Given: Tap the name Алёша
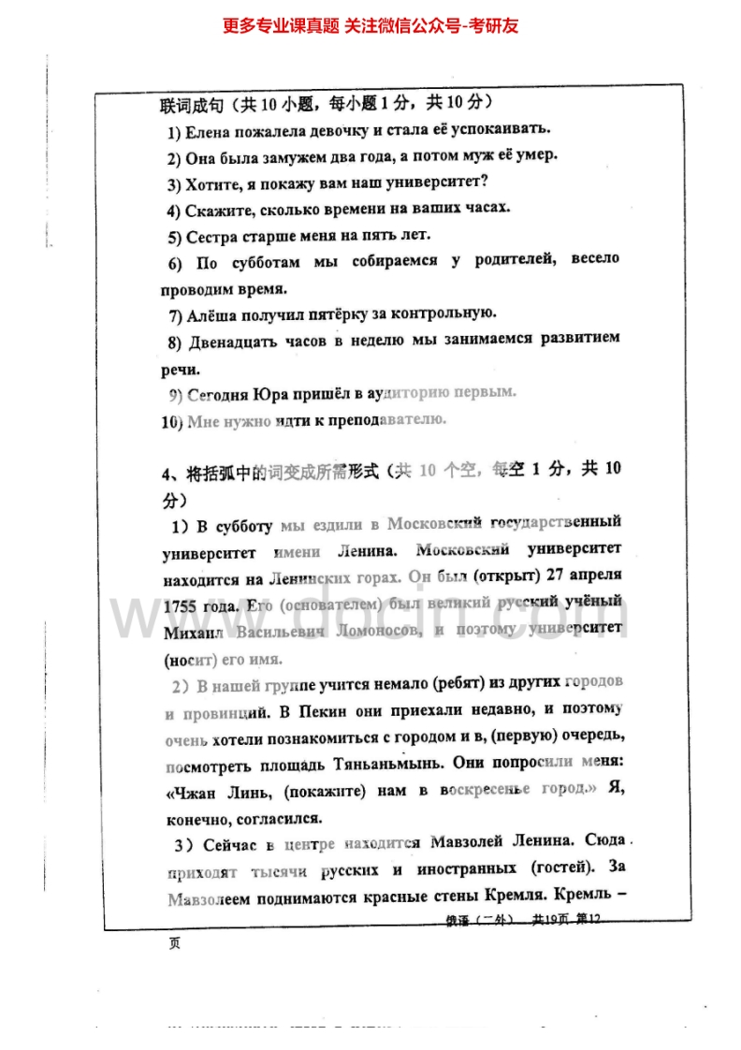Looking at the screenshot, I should point(211,314).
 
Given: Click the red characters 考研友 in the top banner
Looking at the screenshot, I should point(491,25).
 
